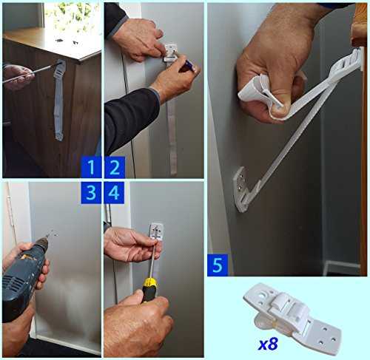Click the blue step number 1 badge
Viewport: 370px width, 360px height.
click(x=91, y=167)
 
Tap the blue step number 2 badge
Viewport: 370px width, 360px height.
click(x=115, y=167)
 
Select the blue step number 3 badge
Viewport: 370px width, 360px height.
click(x=91, y=193)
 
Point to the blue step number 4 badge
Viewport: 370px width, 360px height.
click(x=114, y=193)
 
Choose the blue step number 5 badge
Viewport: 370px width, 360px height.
click(x=218, y=265)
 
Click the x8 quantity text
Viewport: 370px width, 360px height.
click(x=268, y=344)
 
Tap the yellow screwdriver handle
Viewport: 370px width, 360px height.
click(x=149, y=290)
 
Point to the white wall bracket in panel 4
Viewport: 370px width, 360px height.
click(x=156, y=231)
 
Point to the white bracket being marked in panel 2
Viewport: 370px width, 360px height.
click(x=170, y=53)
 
